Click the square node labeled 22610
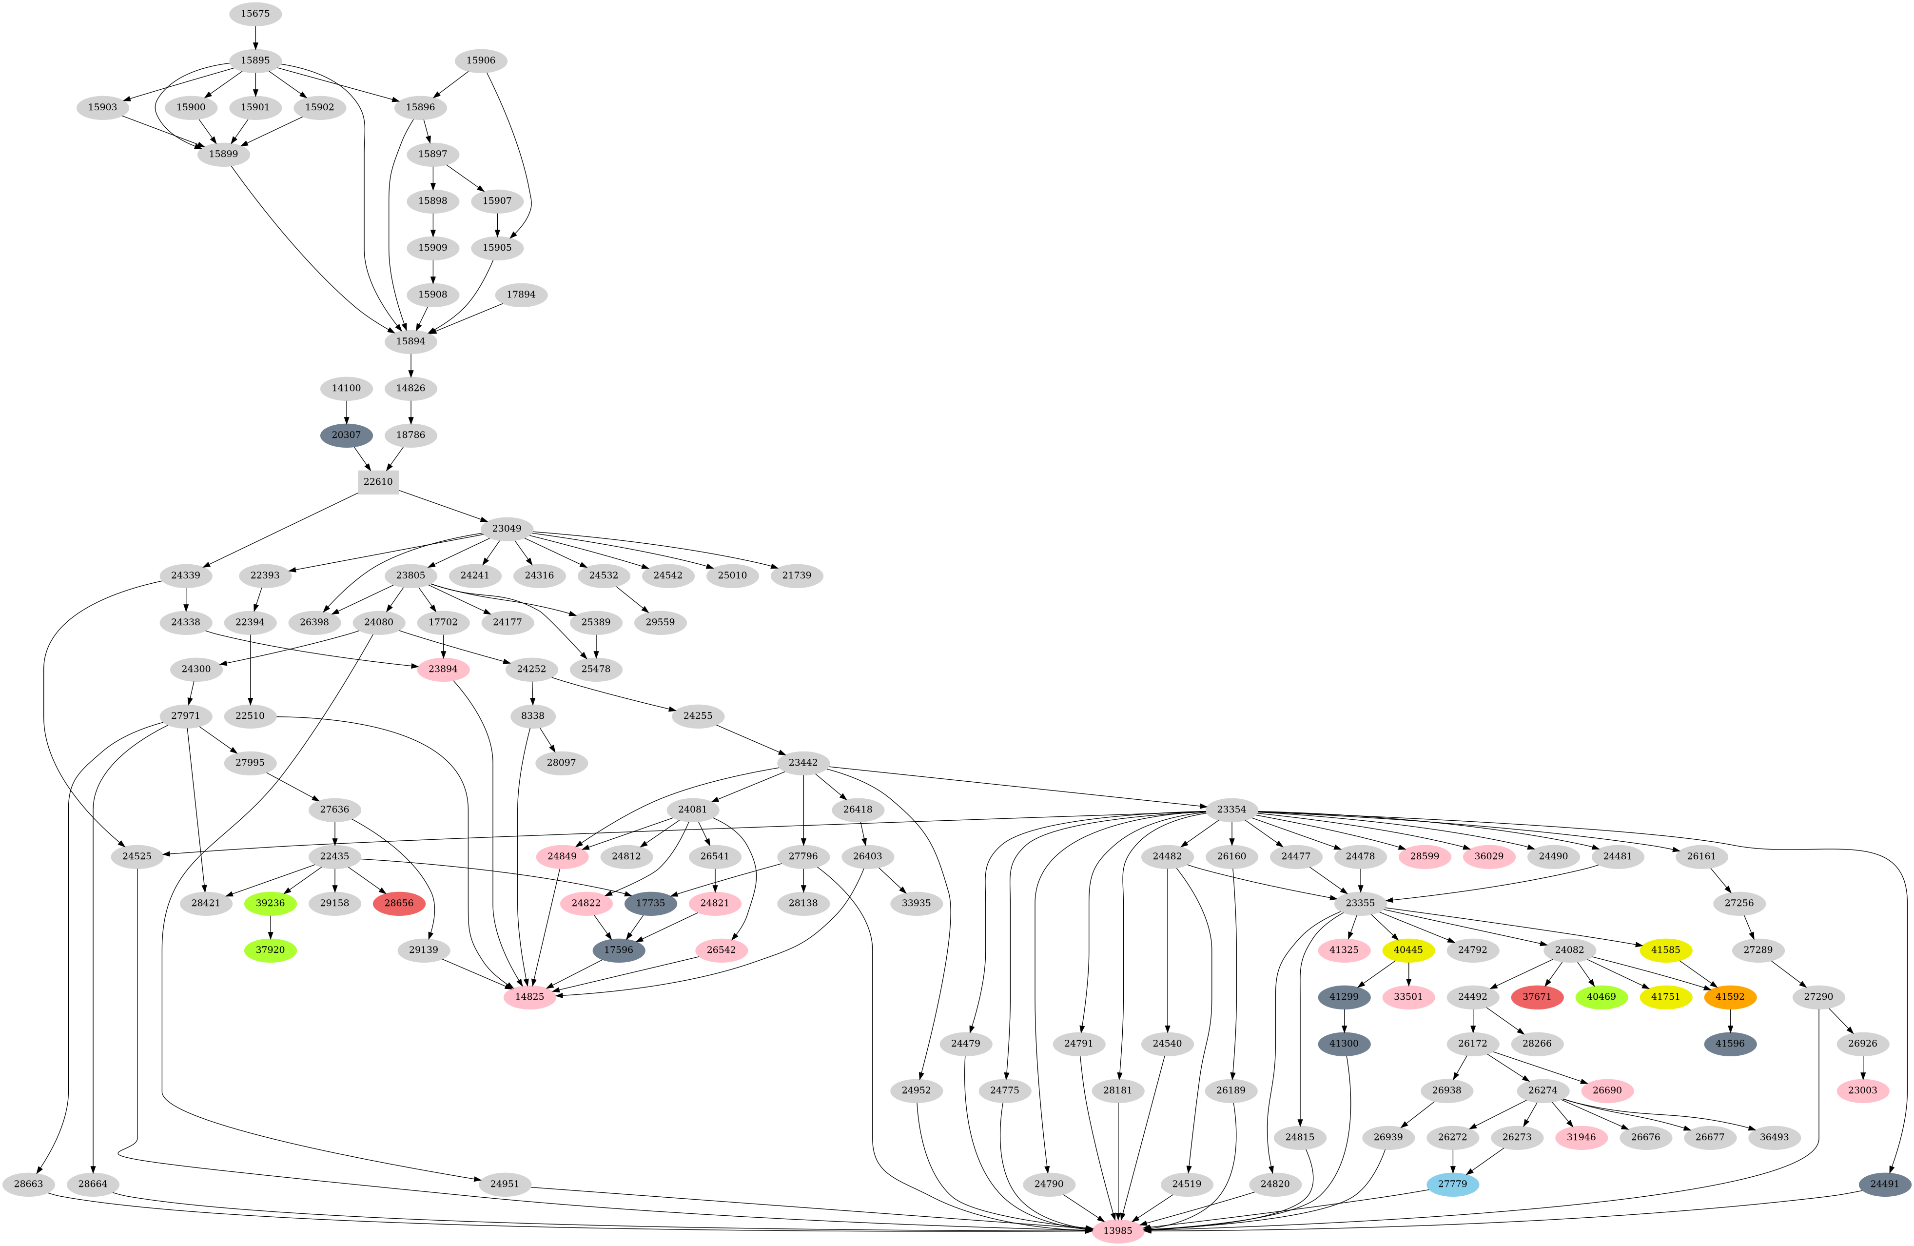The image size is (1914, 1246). [378, 482]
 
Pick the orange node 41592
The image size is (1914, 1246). [1730, 997]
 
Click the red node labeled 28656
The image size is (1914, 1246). [399, 903]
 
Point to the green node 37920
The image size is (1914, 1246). [270, 950]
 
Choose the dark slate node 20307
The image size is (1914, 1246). [347, 435]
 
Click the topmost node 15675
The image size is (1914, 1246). [256, 14]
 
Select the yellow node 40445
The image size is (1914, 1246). [1408, 950]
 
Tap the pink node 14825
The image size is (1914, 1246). [530, 997]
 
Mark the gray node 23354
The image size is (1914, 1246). [1231, 809]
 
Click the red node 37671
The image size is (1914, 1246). [1537, 997]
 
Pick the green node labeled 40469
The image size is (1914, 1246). [1601, 997]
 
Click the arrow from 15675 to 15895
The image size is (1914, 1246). [256, 37]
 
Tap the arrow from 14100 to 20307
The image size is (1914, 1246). [347, 411]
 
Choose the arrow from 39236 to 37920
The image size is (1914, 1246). [270, 927]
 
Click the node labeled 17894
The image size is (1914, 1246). [521, 295]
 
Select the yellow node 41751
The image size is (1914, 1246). [1665, 997]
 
